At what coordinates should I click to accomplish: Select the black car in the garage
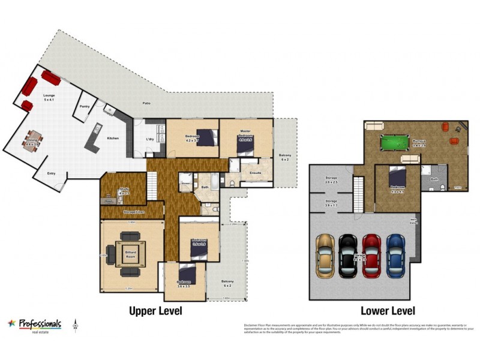tap(348, 255)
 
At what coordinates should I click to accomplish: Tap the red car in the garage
tap(371, 255)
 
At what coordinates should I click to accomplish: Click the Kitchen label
tap(113, 138)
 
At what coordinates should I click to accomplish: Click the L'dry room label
tap(150, 140)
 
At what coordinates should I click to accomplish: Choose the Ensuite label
tap(254, 173)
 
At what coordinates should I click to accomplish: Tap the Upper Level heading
tap(156, 311)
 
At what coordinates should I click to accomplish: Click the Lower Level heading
tap(388, 311)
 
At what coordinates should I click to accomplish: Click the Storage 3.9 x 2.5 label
tap(331, 179)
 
